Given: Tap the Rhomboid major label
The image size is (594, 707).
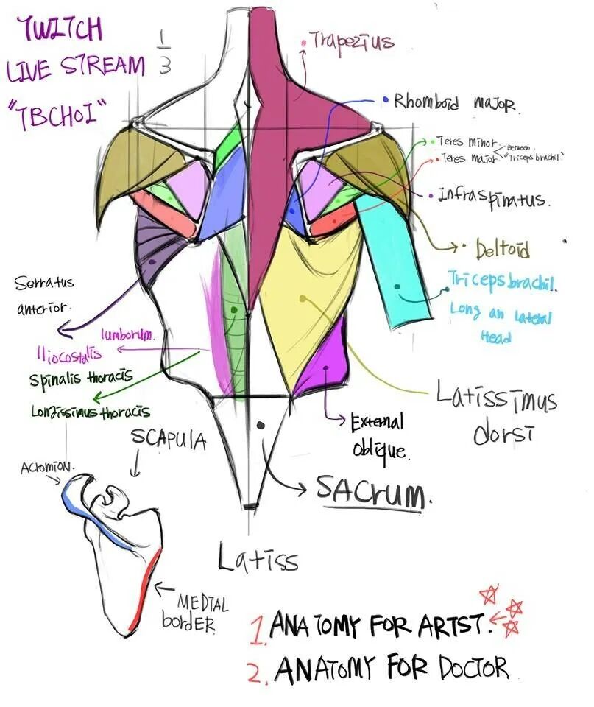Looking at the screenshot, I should point(456,102).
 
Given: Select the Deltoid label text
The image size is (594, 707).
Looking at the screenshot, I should point(502,249).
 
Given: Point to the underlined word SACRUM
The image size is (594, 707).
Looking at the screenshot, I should point(371,488).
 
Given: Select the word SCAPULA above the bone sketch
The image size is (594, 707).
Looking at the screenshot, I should point(168,440).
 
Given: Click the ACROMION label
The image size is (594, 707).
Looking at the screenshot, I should point(47,468).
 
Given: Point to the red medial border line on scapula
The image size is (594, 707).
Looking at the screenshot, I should point(146,589).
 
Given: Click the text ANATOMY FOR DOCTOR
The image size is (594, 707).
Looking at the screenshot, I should point(391,669).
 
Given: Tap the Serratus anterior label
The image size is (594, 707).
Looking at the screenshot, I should point(44,295).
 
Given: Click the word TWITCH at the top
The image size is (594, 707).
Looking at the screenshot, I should point(63,31).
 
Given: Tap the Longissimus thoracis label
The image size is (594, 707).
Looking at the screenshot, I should point(91,412).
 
